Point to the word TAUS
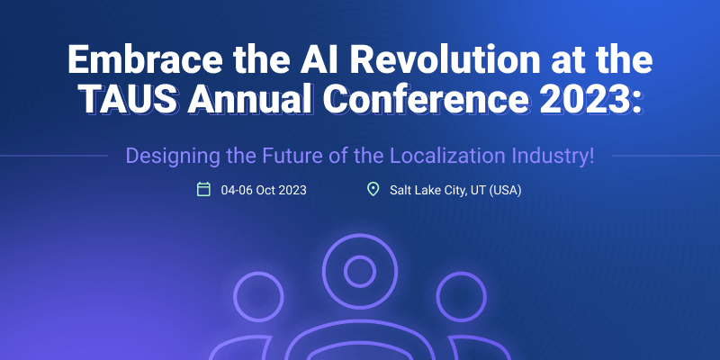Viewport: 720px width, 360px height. coord(130,99)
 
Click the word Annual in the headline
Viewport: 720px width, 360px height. coord(251,99)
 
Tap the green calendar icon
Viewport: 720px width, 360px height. coord(203,189)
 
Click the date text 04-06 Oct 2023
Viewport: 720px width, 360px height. coord(264,190)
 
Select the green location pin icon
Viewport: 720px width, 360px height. coord(373,189)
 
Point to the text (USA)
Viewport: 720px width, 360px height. coord(505,191)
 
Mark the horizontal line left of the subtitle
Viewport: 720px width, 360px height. coord(54,156)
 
